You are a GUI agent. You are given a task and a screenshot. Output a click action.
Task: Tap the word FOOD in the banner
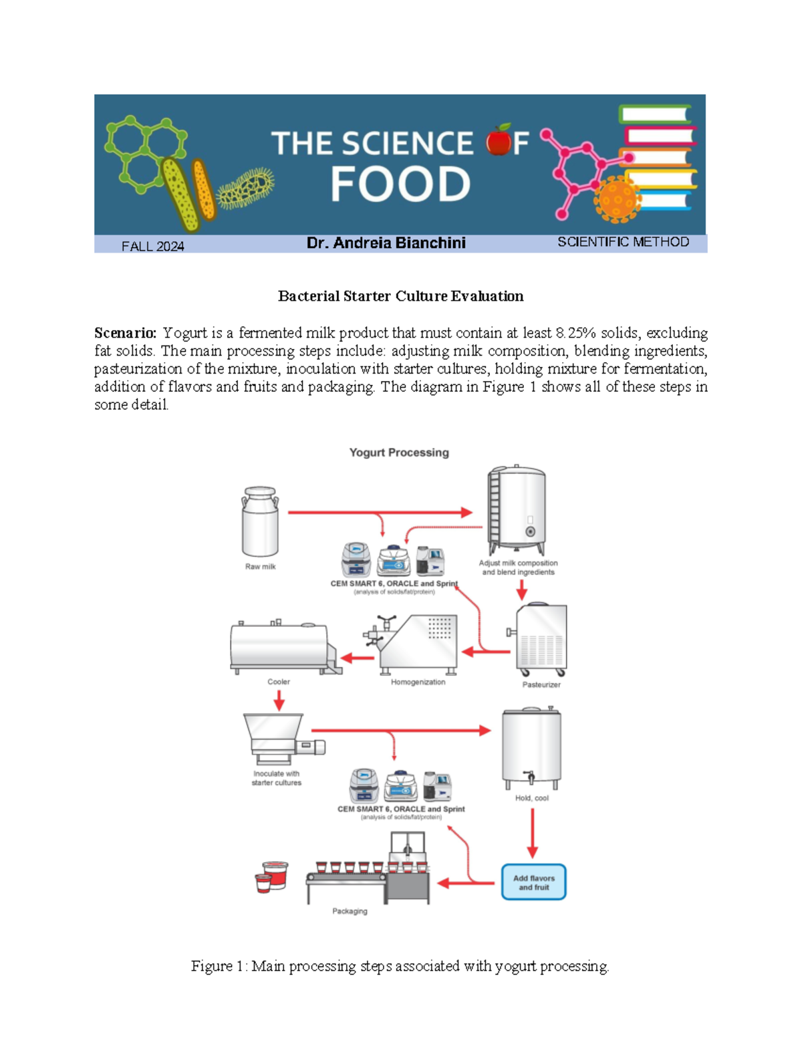400,184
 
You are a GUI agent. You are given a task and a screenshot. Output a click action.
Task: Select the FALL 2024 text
152,246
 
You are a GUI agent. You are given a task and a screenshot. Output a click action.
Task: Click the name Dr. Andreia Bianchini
386,243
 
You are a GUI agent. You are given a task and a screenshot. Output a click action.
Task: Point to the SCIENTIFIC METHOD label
623,242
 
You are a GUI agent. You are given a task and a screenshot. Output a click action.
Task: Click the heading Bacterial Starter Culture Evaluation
400,296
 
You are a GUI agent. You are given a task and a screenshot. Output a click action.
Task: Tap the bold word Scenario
125,333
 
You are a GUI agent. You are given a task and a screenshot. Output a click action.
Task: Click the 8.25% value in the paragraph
576,333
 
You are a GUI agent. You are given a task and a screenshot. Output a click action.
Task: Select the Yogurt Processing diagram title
399,452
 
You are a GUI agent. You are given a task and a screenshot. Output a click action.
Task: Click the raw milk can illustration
260,522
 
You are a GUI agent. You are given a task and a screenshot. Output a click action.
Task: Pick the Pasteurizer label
541,684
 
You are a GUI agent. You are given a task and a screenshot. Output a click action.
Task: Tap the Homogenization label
418,682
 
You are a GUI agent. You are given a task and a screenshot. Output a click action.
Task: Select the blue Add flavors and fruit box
533,882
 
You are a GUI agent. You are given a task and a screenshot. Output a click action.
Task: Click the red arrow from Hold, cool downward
532,833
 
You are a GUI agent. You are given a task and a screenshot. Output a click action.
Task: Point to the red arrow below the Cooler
279,700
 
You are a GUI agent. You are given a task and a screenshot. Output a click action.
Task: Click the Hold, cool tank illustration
531,747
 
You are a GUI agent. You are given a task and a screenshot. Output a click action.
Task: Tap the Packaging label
350,911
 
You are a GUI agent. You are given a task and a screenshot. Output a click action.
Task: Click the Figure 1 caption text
400,966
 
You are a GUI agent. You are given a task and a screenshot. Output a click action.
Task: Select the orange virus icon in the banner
616,199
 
